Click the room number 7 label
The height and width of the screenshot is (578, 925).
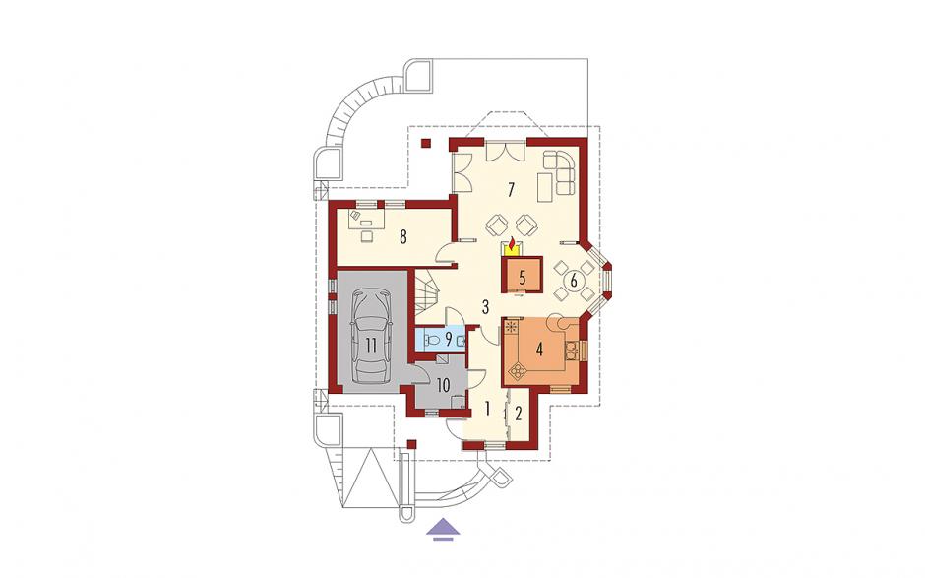click(511, 189)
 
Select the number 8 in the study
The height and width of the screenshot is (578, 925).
click(402, 237)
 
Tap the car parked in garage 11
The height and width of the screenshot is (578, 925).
click(370, 336)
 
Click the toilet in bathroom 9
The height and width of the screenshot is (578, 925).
click(432, 340)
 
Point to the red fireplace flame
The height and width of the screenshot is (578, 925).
click(513, 242)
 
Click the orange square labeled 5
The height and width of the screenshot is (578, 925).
click(523, 276)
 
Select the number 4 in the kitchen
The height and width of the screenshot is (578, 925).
click(538, 349)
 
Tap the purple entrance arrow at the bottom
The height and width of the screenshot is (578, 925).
click(444, 529)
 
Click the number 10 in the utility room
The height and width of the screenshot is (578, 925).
click(443, 386)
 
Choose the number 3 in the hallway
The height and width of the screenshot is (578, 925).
click(485, 306)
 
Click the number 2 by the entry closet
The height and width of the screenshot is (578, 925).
click(519, 414)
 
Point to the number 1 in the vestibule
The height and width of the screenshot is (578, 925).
click(488, 408)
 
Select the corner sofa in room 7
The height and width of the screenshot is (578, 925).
click(559, 171)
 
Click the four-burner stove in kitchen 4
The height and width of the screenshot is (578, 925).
click(518, 370)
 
